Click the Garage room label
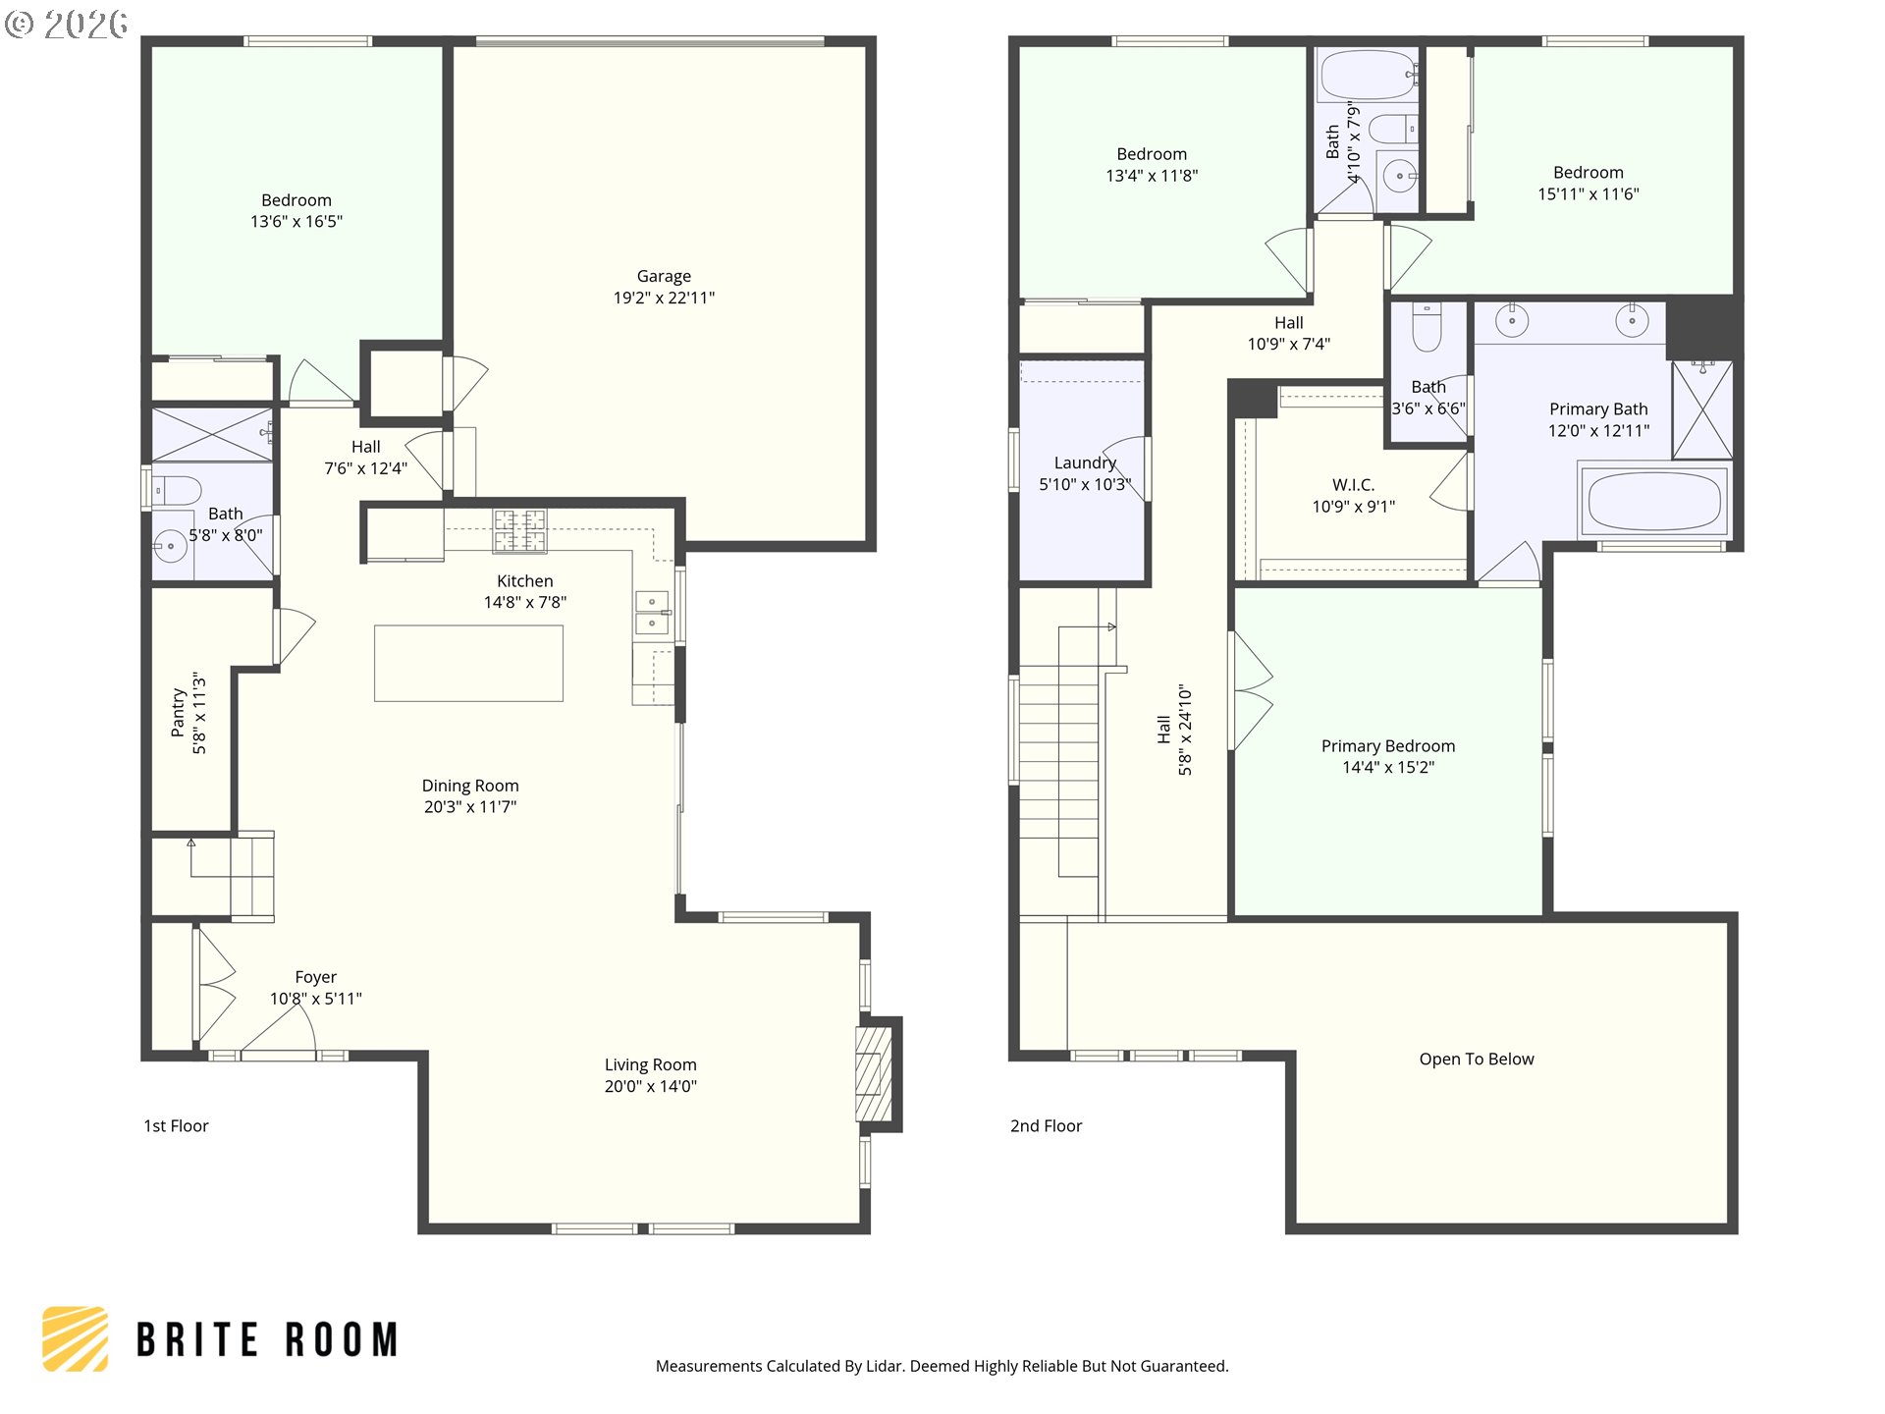coord(664,277)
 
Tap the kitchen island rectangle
coord(468,664)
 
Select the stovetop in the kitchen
coord(519,531)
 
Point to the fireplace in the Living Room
coord(874,1074)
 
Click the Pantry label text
coord(178,712)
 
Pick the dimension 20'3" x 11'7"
coord(470,807)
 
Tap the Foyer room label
coord(316,977)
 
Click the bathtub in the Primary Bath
coord(1653,502)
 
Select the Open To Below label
coord(1477,1059)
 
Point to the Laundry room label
coord(1085,463)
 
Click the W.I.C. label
coord(1353,485)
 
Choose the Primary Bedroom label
coord(1388,746)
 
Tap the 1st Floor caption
coord(177,1126)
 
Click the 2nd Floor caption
coord(1047,1126)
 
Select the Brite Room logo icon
coord(75,1338)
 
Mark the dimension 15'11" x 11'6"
coord(1589,194)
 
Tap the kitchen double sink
coord(652,613)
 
